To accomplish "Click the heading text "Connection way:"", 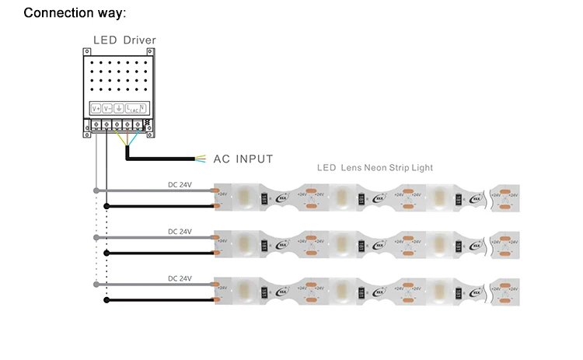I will [75, 13].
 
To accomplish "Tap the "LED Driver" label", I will [124, 40].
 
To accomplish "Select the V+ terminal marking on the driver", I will [96, 108].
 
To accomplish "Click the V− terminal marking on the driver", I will [108, 108].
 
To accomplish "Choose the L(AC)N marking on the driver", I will [135, 109].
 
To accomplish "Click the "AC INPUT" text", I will [243, 159].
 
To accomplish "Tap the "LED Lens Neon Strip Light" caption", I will [375, 167].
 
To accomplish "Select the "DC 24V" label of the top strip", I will [180, 185].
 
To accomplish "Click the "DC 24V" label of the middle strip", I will [180, 232].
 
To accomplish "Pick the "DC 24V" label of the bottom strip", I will [180, 278].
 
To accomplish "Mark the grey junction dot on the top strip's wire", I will [95, 190].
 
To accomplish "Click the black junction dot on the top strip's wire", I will [106, 206].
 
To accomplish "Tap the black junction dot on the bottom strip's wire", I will [106, 299].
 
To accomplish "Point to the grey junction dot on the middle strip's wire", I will [95, 237].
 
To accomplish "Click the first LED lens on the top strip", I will [243, 197].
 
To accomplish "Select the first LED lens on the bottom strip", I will [243, 291].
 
